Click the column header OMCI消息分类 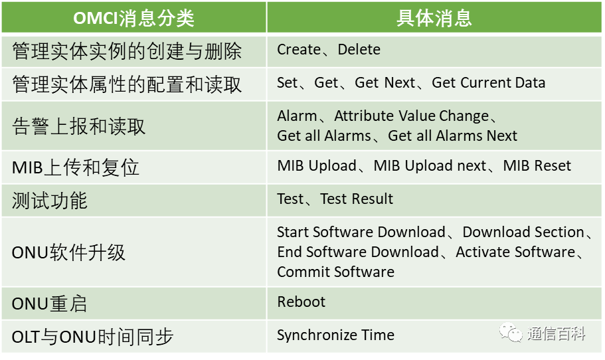click(133, 17)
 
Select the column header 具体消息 click(434, 17)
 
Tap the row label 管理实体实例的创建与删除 click(127, 51)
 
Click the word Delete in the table click(359, 50)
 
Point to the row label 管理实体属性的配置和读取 click(127, 84)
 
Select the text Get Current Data click(488, 83)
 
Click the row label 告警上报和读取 click(78, 126)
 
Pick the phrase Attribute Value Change click(411, 116)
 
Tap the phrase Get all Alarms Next click(452, 135)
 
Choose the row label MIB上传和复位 click(76, 167)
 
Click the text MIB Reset click(537, 166)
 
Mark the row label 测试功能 click(50, 201)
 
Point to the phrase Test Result click(357, 199)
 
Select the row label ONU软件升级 click(68, 252)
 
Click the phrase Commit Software click(335, 272)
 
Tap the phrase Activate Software click(515, 252)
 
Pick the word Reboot click(302, 302)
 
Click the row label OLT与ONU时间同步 click(92, 337)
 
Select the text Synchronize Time click(335, 335)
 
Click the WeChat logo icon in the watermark click(511, 332)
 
